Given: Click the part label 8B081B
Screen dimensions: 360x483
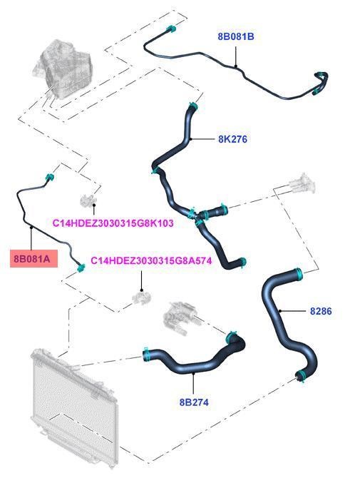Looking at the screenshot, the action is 236,36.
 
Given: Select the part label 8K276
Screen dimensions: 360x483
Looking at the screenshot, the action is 232,139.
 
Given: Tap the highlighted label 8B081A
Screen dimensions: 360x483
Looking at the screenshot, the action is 34,258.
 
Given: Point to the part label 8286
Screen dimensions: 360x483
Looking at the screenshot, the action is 321,311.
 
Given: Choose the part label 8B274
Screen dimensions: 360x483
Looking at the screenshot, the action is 194,402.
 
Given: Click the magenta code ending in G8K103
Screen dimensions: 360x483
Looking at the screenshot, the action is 113,223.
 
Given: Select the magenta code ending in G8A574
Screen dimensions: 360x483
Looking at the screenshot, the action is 151,261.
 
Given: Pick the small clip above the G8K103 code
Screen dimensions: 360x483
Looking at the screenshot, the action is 88,200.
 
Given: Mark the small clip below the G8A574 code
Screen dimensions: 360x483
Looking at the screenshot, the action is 142,298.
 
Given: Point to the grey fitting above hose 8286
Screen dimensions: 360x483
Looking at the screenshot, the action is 302,184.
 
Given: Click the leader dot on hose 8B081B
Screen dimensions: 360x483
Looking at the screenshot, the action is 236,66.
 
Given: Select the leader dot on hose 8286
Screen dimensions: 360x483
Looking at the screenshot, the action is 280,311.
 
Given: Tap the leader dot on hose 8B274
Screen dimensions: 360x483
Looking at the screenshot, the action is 193,373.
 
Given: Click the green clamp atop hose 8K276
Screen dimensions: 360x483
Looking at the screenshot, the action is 193,106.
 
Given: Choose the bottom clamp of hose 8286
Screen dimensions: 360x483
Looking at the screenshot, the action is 301,377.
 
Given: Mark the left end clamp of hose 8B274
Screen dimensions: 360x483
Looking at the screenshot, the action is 146,355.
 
